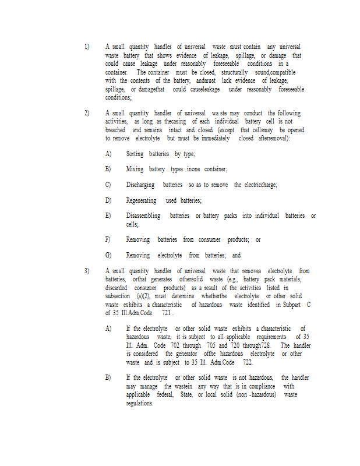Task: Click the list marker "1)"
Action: [x=87, y=46]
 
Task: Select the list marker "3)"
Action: [x=87, y=271]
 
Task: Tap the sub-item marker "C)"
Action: [x=108, y=185]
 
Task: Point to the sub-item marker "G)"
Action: [x=108, y=255]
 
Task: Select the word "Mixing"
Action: [x=135, y=169]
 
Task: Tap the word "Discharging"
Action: [x=140, y=185]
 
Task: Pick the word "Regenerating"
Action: [x=141, y=200]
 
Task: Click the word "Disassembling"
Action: [x=143, y=216]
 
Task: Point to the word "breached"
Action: [x=115, y=130]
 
